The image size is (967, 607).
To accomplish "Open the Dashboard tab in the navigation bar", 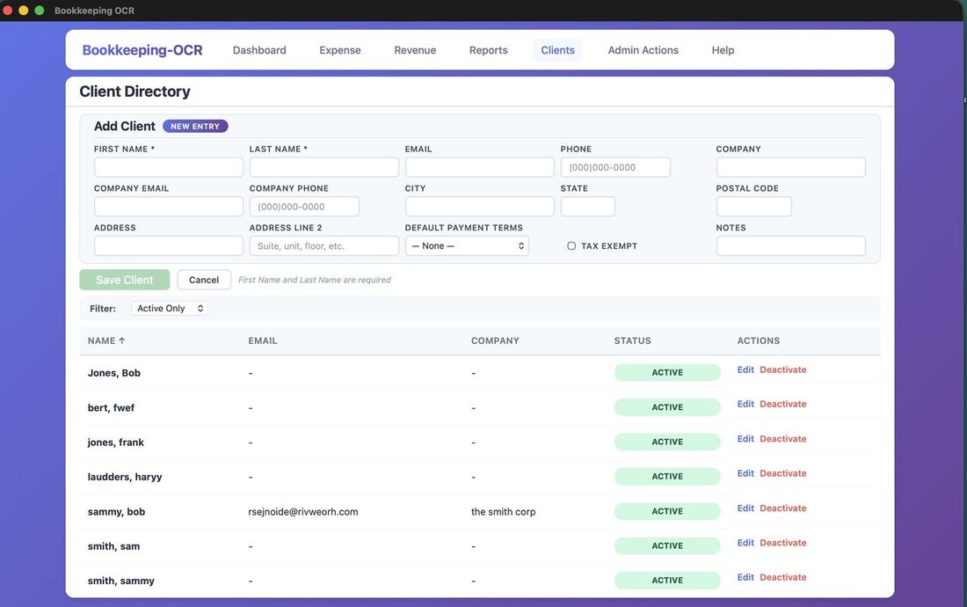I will (259, 50).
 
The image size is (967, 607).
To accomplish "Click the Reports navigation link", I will (488, 50).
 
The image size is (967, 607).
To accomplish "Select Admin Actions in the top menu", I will (643, 50).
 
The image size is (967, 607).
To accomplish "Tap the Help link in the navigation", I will (723, 50).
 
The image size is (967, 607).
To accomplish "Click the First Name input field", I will (169, 167).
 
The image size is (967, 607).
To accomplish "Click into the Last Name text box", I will (324, 167).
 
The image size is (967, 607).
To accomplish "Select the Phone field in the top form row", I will (615, 167).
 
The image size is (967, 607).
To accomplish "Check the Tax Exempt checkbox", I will (571, 246).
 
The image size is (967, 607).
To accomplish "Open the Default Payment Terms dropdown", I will (467, 246).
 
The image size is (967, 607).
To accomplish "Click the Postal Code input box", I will (753, 207).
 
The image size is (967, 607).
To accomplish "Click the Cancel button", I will (204, 280).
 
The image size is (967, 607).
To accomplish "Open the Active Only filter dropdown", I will (170, 309).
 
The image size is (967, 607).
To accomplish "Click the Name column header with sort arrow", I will (106, 340).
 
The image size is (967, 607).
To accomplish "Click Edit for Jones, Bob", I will (745, 369).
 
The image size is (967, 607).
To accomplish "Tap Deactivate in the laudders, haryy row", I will (782, 473).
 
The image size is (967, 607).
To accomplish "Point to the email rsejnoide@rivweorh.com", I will (303, 512).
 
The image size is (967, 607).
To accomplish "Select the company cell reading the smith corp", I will (503, 512).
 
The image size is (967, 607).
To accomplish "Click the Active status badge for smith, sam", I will (667, 545).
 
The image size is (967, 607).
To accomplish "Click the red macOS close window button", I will (8, 11).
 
